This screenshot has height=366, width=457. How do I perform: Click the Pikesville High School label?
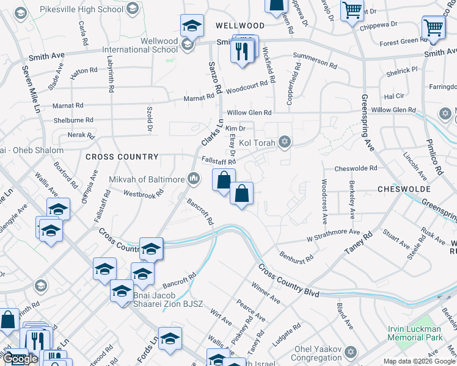81,9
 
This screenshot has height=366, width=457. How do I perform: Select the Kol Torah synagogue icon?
283,142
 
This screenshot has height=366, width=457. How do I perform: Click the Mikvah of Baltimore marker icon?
194,179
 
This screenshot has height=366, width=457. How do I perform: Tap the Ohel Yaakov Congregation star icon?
350,352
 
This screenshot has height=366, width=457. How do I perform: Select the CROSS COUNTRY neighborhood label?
122,157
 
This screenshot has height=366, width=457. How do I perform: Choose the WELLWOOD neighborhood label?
240,26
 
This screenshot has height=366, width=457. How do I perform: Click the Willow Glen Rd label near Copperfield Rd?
249,113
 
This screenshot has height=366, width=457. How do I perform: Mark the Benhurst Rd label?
296,253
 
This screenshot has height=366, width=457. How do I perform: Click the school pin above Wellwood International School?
192,26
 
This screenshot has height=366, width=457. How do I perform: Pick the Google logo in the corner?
20,359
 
